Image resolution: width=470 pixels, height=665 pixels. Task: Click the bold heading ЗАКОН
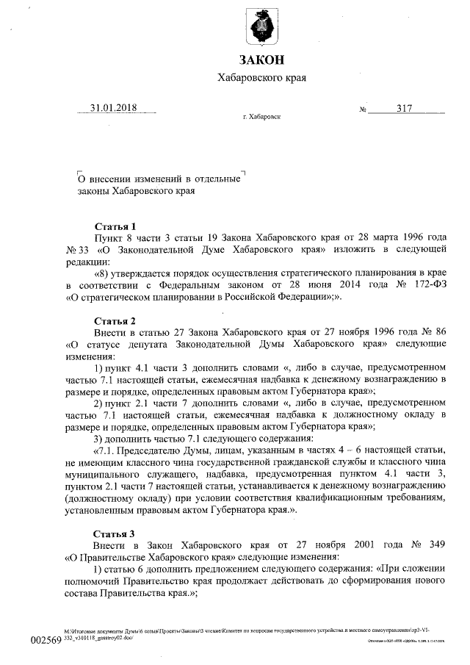pyautogui.click(x=261, y=60)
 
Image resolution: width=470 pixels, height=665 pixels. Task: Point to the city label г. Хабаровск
pyautogui.click(x=261, y=117)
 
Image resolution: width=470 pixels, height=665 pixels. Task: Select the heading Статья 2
pyautogui.click(x=115, y=320)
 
